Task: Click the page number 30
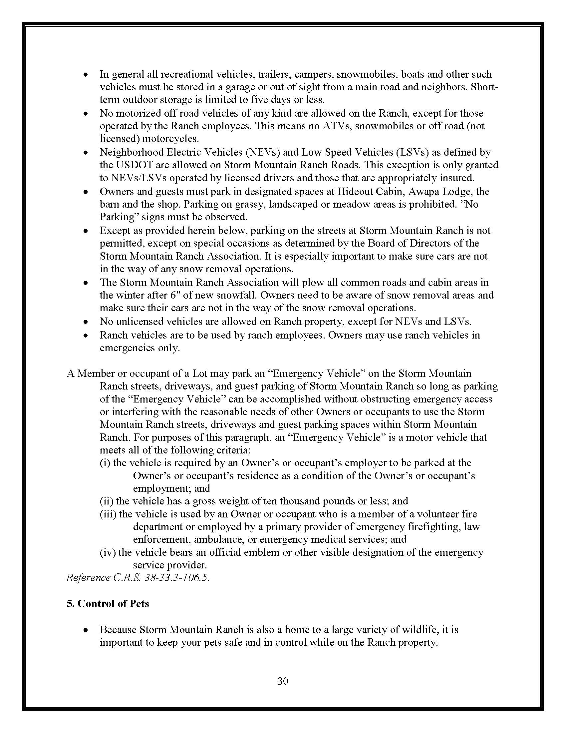(283, 681)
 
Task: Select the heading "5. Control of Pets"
(108, 603)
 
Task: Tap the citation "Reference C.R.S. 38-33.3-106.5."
(138, 578)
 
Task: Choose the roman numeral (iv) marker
(108, 552)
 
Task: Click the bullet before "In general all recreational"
(86, 75)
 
